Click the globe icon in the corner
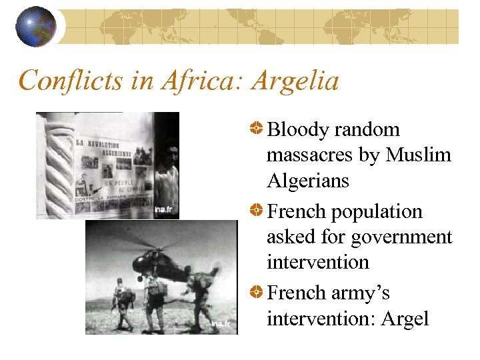(35, 27)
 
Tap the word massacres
(311, 155)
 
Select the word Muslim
(418, 155)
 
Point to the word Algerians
(307, 181)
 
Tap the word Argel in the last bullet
(405, 319)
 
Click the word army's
(363, 293)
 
